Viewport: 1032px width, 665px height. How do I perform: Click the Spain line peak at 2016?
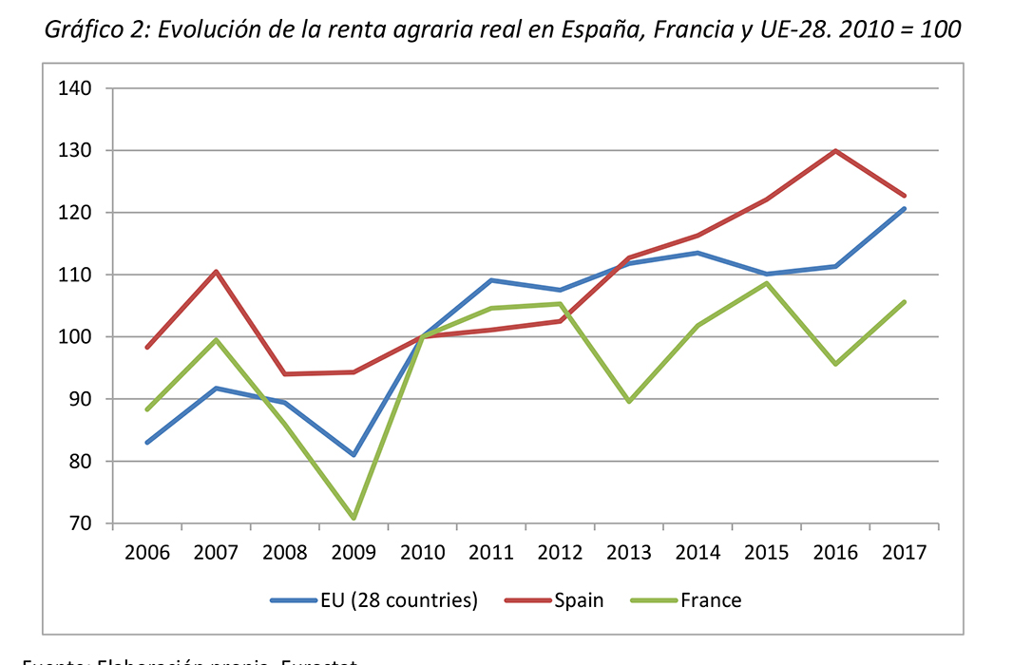point(835,151)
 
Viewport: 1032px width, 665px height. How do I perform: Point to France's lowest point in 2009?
point(354,518)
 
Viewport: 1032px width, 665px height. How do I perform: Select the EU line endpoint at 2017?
point(904,208)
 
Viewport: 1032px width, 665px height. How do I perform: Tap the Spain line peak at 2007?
point(216,272)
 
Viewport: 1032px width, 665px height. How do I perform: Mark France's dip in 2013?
point(629,402)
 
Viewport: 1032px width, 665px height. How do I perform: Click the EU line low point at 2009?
point(354,455)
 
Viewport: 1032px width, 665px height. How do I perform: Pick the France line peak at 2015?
point(766,283)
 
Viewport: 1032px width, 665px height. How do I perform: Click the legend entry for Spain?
point(578,599)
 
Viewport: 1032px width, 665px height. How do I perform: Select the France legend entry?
point(710,599)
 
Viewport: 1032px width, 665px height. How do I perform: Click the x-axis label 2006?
point(146,552)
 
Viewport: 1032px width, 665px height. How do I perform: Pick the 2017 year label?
point(904,552)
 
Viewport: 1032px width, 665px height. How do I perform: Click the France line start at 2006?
point(147,409)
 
